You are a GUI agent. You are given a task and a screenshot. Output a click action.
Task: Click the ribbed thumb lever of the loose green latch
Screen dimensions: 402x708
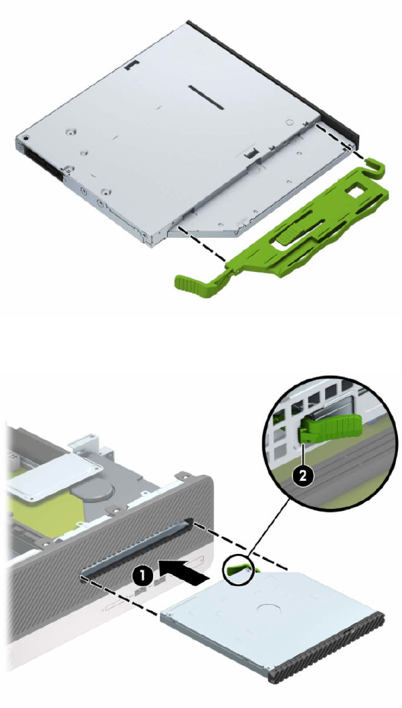(189, 282)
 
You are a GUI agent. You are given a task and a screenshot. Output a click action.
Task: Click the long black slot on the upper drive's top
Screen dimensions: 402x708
(207, 97)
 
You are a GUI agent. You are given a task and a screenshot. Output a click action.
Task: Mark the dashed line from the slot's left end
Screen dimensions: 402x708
(120, 596)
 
